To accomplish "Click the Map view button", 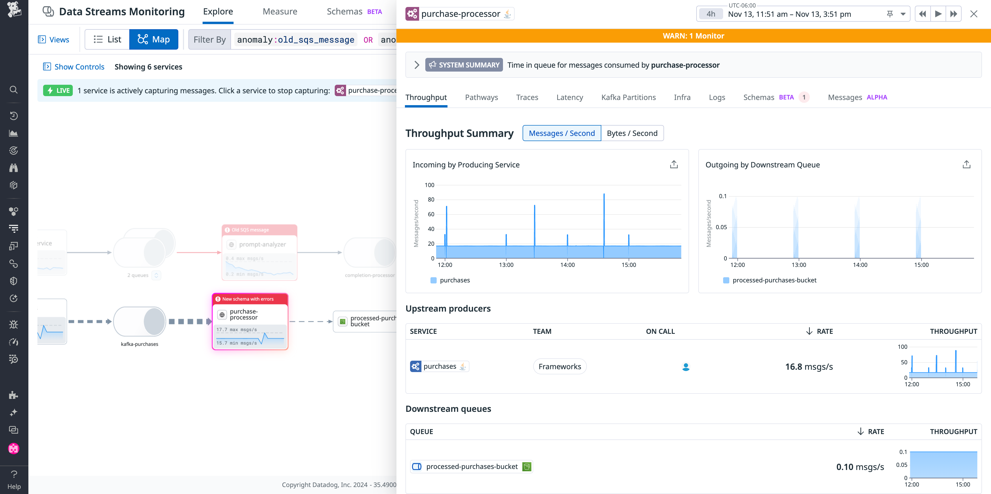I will [x=154, y=39].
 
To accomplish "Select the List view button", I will [x=107, y=39].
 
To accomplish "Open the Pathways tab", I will [x=481, y=97].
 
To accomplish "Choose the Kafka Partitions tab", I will [x=628, y=97].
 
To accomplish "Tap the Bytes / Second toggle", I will [x=632, y=133].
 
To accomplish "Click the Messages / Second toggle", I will [x=561, y=133].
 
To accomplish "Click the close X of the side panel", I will [x=974, y=14].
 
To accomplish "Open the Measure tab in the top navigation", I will [x=280, y=12].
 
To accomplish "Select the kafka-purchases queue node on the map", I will [x=140, y=321].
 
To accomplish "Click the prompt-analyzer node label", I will [x=262, y=244].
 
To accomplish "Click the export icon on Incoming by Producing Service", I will [x=674, y=165].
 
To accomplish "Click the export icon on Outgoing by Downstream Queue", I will [x=966, y=165].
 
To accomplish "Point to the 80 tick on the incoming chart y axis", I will [x=431, y=199].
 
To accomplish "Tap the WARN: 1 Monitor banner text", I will [x=693, y=36].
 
